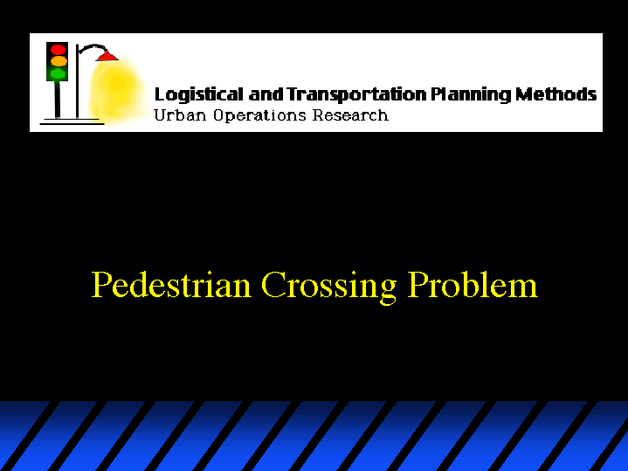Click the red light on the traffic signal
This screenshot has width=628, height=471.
[x=58, y=50]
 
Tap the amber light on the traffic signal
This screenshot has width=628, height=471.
[x=59, y=61]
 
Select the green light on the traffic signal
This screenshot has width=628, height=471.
[x=58, y=73]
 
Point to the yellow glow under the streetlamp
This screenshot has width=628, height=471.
[x=116, y=90]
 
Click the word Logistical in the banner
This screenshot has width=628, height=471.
[x=198, y=95]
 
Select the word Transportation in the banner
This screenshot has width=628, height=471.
[x=357, y=94]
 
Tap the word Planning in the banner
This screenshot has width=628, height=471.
[x=471, y=95]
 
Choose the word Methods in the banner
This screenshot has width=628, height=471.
[x=556, y=94]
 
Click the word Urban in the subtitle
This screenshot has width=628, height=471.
[x=180, y=115]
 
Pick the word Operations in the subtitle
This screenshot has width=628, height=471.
[x=259, y=116]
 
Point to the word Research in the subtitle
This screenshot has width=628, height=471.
[x=350, y=115]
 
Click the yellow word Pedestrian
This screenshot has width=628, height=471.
[x=171, y=284]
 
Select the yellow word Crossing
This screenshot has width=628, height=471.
[x=328, y=287]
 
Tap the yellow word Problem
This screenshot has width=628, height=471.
[x=473, y=284]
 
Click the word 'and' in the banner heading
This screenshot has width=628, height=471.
[x=266, y=94]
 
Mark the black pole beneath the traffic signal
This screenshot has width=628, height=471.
[x=58, y=100]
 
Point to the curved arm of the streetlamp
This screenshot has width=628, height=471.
[x=92, y=46]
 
